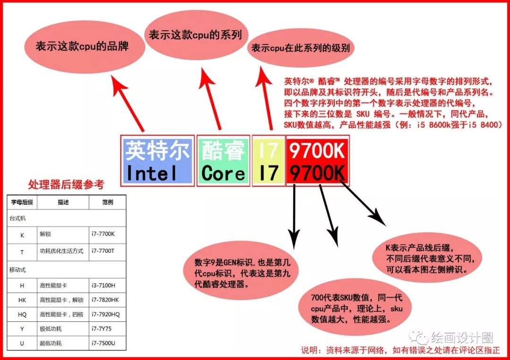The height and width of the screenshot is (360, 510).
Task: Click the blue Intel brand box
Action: [158, 161]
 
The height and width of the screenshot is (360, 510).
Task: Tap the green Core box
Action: [223, 161]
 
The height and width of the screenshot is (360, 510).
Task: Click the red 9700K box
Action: [317, 161]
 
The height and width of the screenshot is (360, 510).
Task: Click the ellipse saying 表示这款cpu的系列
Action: [195, 34]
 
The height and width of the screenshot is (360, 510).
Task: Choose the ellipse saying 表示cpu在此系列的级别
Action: [302, 49]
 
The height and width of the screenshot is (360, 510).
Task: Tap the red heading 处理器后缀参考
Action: [66, 184]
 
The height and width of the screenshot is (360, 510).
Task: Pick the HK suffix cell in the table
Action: [22, 300]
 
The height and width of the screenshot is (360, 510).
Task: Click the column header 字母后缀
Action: [22, 202]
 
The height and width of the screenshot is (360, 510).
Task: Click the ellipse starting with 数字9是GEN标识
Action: [226, 274]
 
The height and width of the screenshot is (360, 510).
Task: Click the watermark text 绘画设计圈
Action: [461, 337]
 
